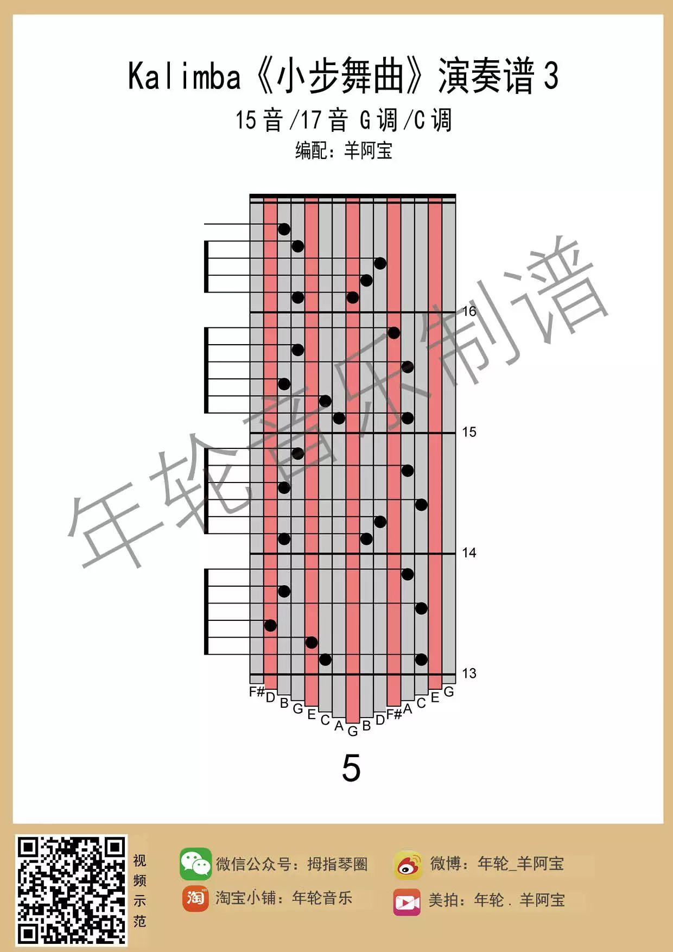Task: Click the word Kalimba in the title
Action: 184,76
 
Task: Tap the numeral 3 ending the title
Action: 551,76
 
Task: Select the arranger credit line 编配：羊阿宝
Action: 344,150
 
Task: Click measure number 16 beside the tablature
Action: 469,311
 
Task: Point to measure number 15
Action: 469,432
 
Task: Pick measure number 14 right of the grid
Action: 469,553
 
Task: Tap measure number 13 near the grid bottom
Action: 469,674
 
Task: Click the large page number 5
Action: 351,768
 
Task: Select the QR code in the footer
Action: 71,890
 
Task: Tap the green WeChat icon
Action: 195,863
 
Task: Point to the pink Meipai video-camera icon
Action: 407,902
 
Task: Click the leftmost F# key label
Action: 257,692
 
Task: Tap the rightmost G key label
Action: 449,692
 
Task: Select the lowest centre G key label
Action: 353,732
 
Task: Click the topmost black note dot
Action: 284,229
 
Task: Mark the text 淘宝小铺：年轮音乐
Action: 283,898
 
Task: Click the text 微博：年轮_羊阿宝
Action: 497,864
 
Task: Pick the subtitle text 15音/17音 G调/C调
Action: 343,120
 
